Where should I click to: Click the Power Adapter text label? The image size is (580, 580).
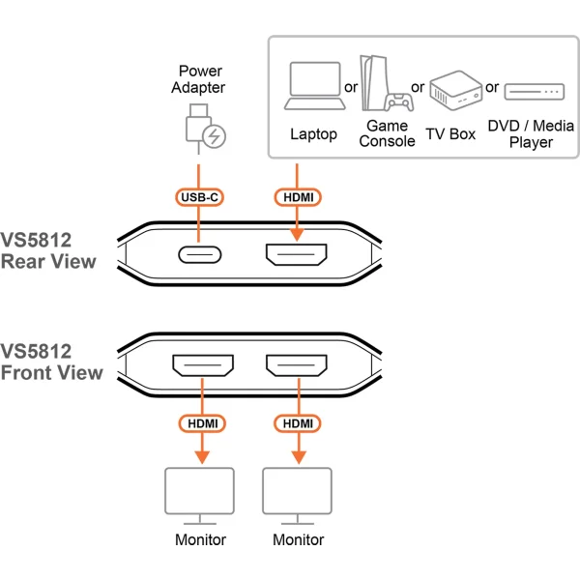pos(200,79)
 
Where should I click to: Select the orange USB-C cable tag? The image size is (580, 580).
pos(199,197)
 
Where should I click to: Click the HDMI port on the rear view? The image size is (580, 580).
pos(297,256)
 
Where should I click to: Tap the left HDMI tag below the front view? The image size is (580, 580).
pos(202,423)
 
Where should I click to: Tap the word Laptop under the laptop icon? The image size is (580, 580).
pos(314,134)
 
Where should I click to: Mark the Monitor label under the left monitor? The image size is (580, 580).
pos(201,539)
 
